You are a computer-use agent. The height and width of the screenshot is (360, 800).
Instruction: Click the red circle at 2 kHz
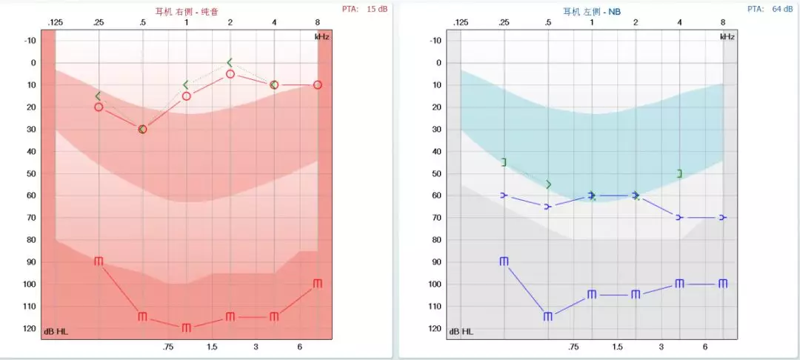[230, 74]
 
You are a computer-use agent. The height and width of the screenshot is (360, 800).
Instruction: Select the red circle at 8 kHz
[318, 84]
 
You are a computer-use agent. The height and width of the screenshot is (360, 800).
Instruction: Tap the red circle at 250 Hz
[99, 107]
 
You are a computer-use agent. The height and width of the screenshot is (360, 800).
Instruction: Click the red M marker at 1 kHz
[187, 327]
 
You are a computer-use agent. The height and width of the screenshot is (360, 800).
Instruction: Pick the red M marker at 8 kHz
[318, 284]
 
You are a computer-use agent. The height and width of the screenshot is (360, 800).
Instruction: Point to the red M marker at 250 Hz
[99, 261]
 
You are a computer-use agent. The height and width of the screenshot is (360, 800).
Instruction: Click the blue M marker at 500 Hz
[548, 316]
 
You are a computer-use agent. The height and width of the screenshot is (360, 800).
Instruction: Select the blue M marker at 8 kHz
[723, 284]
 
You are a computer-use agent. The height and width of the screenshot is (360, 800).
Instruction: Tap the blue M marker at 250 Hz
[504, 261]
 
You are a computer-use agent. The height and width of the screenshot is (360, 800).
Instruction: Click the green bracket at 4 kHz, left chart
[679, 173]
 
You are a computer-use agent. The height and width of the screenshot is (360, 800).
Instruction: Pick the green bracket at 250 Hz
[504, 162]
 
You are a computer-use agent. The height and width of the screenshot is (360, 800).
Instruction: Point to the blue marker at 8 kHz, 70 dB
[723, 217]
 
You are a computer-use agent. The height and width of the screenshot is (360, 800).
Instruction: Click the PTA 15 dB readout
[365, 9]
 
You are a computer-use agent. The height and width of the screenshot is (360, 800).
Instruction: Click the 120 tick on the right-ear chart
[29, 328]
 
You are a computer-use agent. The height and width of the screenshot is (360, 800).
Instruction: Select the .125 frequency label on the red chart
[55, 23]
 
